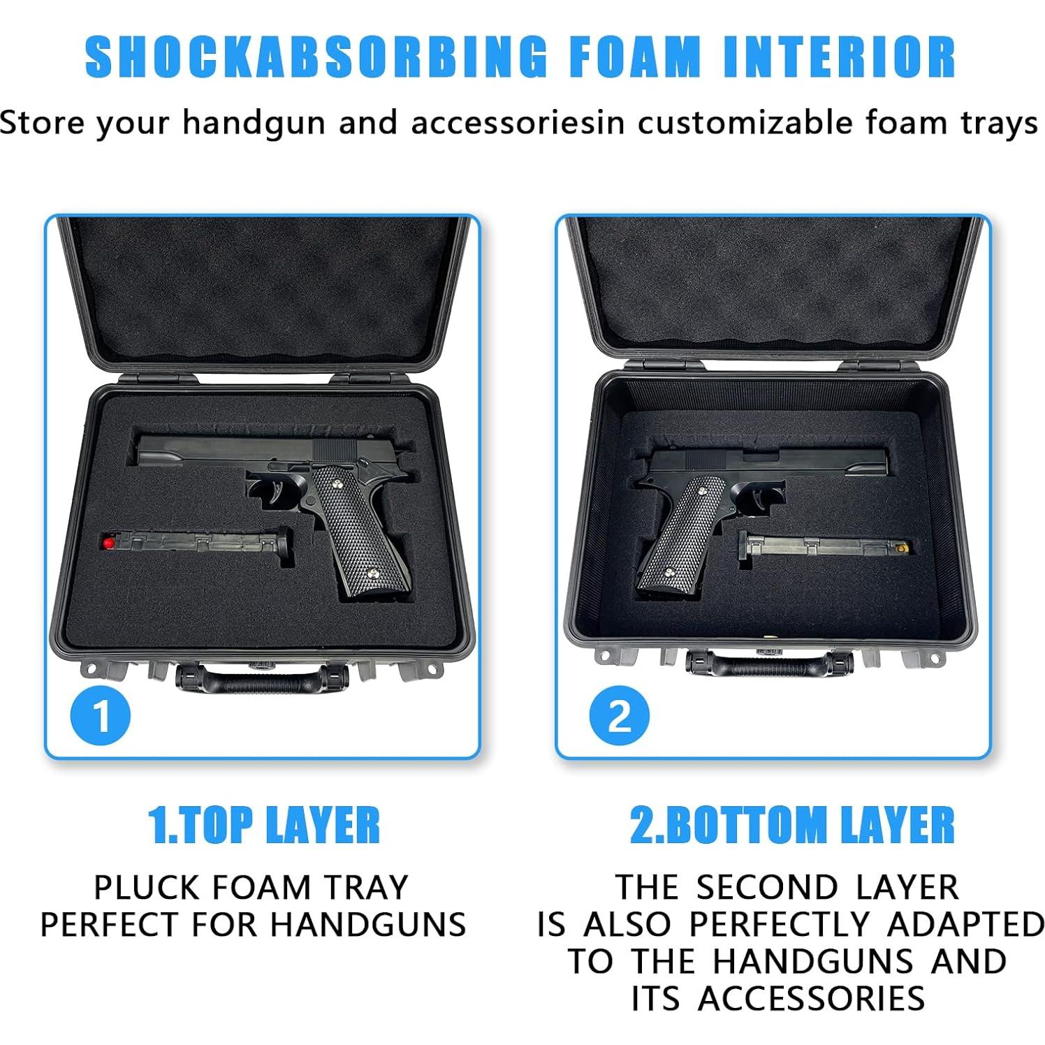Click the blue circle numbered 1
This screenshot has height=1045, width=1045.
(101, 715)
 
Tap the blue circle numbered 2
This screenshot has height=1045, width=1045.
(619, 715)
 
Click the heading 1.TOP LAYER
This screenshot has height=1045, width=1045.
(264, 825)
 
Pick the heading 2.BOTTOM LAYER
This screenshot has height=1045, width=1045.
(791, 825)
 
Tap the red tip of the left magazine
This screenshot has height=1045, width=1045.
(108, 542)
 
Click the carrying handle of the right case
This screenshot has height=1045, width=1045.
(768, 663)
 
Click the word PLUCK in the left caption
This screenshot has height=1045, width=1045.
(147, 888)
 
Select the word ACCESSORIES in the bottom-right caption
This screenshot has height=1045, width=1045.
(812, 998)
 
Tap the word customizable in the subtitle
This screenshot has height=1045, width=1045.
(745, 123)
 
